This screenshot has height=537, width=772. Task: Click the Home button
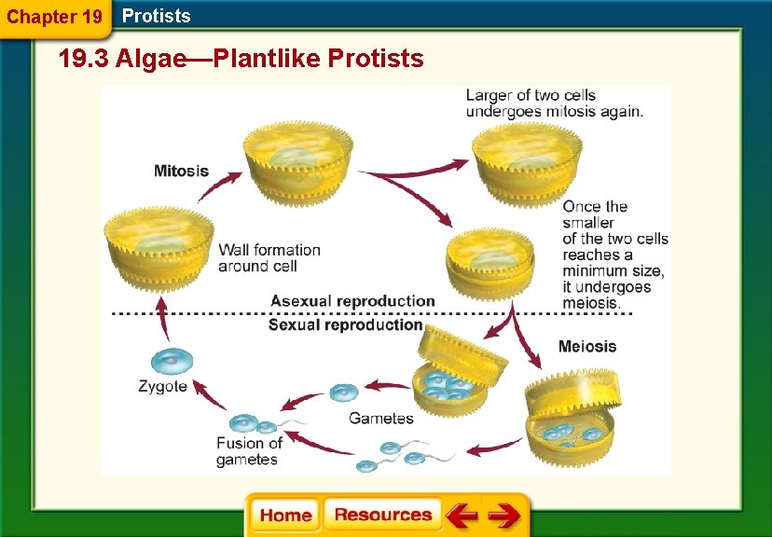(285, 515)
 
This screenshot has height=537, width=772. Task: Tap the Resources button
(382, 515)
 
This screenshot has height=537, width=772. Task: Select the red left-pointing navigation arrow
(461, 516)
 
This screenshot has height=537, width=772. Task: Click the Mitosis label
(181, 172)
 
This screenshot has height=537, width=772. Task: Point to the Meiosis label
(587, 347)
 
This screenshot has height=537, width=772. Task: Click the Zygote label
(162, 387)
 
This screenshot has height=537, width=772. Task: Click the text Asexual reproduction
(352, 301)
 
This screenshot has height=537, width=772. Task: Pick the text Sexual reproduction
(345, 325)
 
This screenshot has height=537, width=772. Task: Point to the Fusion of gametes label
(249, 451)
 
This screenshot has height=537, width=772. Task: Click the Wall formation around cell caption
(269, 258)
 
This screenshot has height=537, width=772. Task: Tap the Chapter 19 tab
(53, 17)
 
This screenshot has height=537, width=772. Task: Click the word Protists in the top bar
(156, 16)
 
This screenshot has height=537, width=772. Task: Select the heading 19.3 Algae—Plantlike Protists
(241, 60)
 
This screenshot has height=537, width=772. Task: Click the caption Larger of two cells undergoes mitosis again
(554, 103)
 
